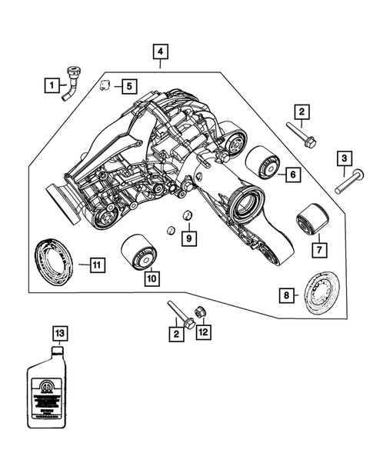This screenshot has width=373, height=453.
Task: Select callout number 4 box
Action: tap(160, 52)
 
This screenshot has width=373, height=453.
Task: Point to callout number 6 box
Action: tap(293, 175)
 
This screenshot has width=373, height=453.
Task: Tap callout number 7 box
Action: tap(317, 249)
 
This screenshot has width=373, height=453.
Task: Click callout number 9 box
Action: tap(189, 238)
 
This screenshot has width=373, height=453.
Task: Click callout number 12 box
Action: tap(202, 332)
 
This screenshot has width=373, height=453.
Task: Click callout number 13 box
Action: tap(59, 332)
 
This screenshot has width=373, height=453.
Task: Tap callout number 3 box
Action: tap(345, 159)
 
